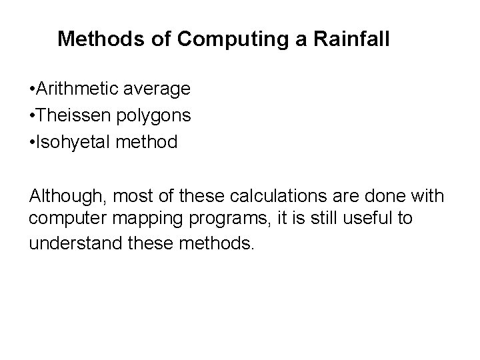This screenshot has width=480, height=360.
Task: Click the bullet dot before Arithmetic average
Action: click(33, 89)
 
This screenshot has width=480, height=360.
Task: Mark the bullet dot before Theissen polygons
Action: click(33, 116)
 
